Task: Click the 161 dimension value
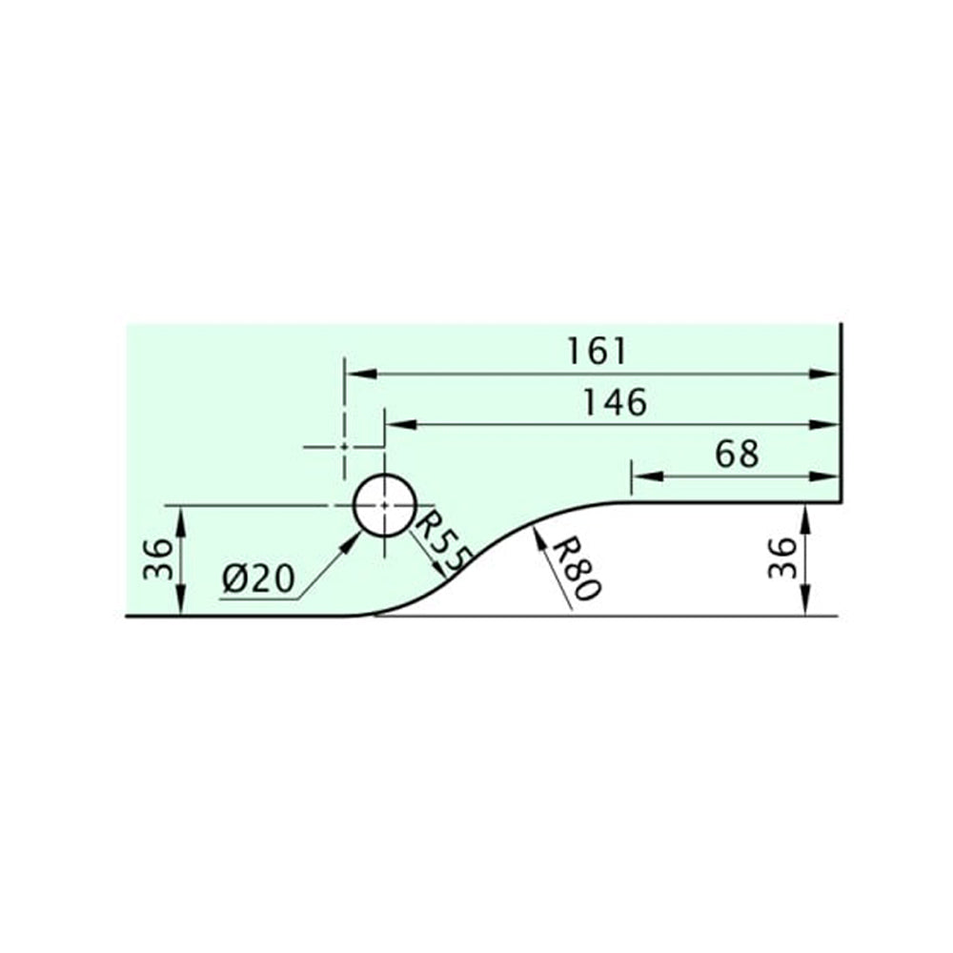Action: (597, 352)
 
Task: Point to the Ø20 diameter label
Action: (258, 578)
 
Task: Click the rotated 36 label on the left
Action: (158, 559)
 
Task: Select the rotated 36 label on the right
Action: (781, 559)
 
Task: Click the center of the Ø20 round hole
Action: (384, 506)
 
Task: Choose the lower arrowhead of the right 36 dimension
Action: (805, 604)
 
